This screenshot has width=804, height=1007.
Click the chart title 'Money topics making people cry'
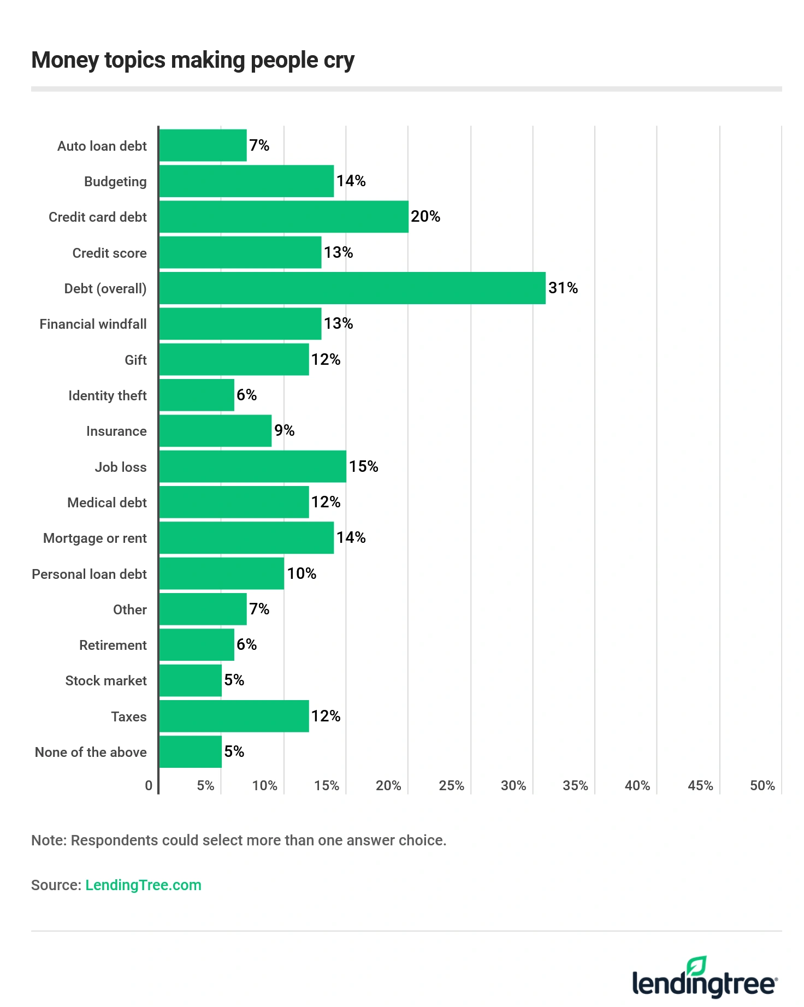[x=193, y=60]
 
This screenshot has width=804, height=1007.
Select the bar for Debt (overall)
[x=352, y=288]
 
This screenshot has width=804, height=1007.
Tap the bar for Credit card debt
[x=284, y=217]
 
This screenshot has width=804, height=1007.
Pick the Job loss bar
[x=253, y=467]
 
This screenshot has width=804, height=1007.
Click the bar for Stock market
[x=191, y=680]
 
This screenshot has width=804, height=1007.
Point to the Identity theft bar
[x=197, y=395]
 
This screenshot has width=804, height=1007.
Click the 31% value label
[x=563, y=288]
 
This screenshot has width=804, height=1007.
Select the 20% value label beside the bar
[x=425, y=217]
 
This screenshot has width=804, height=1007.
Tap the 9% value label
[x=285, y=431]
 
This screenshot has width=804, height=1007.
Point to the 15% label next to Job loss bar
[x=364, y=466]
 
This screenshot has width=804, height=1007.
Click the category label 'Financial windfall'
[x=93, y=324]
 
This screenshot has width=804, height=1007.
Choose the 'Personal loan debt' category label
[x=89, y=574]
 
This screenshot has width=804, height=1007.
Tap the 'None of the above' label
[x=91, y=753]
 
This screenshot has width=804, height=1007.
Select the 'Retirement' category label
[x=113, y=645]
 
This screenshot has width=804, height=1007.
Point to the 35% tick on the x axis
[x=575, y=786]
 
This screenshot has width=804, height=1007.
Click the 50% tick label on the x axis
[x=762, y=786]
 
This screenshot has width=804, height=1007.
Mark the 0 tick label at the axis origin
[x=149, y=786]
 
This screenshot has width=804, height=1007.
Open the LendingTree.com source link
[x=143, y=885]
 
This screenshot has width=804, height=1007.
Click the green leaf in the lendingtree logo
[x=697, y=966]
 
